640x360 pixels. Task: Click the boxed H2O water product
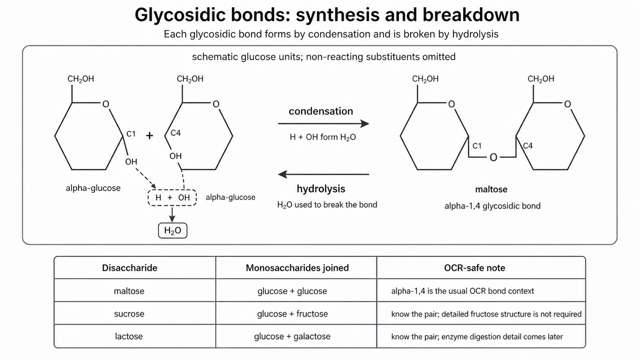172,230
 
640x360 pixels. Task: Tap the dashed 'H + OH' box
172,198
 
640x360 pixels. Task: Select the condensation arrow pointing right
324,124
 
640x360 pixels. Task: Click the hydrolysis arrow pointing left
324,174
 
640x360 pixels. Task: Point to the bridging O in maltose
493,158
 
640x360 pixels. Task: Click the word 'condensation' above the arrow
321,111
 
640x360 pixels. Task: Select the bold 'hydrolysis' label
321,188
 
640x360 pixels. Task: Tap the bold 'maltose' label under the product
491,189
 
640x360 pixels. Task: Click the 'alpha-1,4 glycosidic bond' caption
492,206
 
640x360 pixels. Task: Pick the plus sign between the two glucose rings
150,136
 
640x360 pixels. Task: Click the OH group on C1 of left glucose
131,162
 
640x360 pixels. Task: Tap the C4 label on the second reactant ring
176,133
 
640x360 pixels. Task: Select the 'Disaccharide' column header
130,268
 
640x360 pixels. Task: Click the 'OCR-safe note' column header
474,268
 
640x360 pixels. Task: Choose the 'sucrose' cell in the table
129,314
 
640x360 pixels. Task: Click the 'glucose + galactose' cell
292,336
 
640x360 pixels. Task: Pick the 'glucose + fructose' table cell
292,314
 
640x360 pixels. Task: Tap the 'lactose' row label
128,336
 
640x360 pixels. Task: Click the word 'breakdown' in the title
471,15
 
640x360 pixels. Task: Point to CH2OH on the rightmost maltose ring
540,79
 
